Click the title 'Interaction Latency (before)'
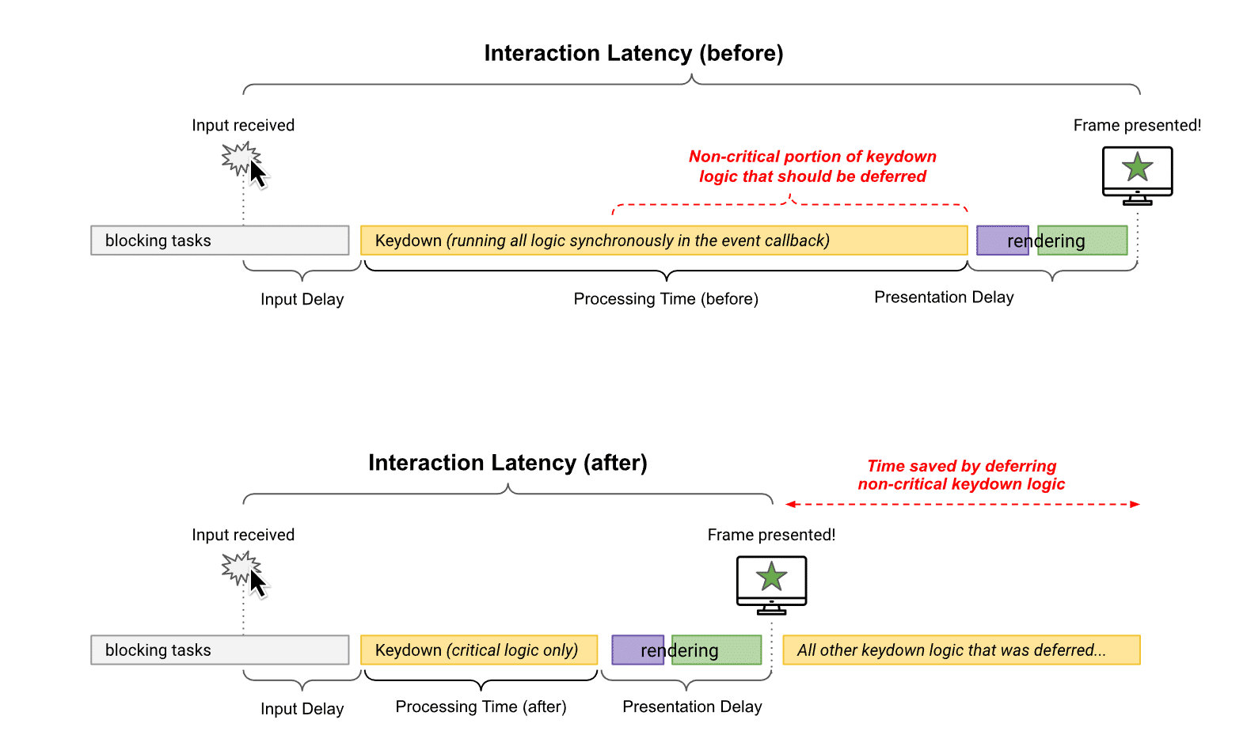pos(633,53)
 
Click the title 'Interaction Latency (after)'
pos(508,463)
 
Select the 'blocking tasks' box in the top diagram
pos(219,241)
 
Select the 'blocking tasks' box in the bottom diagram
pos(219,650)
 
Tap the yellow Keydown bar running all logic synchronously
pos(663,241)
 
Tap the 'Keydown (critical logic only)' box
pos(479,650)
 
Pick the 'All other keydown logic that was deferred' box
pos(961,650)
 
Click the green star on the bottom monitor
pos(771,577)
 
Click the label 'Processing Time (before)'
pos(666,299)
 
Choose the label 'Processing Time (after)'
pos(481,707)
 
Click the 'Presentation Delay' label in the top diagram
pos(944,297)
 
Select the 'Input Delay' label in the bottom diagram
pos(302,709)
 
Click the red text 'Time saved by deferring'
pos(961,466)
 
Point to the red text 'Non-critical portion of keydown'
pos(812,157)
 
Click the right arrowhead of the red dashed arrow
pos(1135,504)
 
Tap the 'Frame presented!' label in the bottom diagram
pos(771,535)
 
